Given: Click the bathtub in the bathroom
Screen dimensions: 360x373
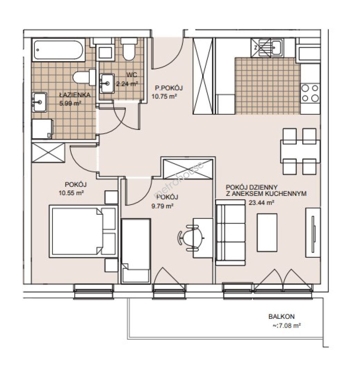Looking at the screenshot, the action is tap(58, 50).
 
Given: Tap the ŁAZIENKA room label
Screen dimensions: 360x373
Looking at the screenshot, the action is tap(75, 95).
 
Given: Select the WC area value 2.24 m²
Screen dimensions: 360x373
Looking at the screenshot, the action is tap(127, 84).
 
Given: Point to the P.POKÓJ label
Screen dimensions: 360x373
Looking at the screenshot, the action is tap(169, 88).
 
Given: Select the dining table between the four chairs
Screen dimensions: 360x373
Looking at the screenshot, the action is tap(300, 151).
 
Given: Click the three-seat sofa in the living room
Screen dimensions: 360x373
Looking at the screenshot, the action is tap(230, 233).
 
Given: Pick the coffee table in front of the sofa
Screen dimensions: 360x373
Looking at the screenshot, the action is tap(267, 232).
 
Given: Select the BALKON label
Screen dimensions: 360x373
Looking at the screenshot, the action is tap(281, 317).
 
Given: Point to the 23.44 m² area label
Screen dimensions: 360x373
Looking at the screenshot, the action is tap(261, 203).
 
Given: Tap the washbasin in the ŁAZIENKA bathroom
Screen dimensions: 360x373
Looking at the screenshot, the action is tap(39, 102).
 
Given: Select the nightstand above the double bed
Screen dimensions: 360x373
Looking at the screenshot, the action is tap(111, 197).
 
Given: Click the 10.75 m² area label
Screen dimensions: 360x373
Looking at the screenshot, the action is tap(164, 97).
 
